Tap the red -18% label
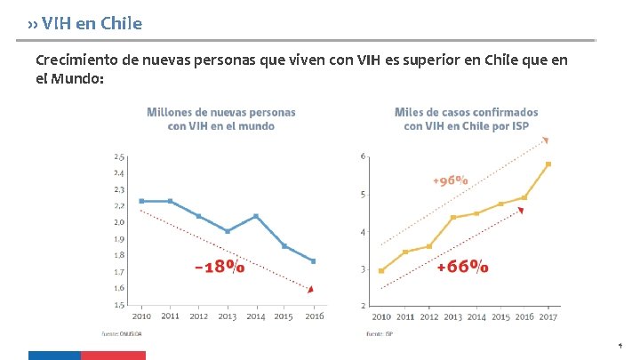coord(220,266)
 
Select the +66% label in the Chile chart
coord(462,266)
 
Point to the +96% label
coord(451,180)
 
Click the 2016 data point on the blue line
coord(313,260)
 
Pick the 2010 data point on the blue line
coord(142,201)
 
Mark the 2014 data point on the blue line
coord(256,216)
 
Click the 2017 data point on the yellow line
coord(548,164)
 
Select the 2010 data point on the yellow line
coord(381,270)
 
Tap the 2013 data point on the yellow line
coord(453,217)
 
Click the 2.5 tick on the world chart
coord(119,157)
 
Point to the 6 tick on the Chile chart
coord(363,157)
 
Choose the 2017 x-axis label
coord(549,316)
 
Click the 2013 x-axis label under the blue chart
coord(227,316)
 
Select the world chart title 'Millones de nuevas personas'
coord(221,112)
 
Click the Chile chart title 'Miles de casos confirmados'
coord(466,112)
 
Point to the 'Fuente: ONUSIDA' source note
coord(128,334)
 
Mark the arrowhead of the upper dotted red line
coord(548,140)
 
